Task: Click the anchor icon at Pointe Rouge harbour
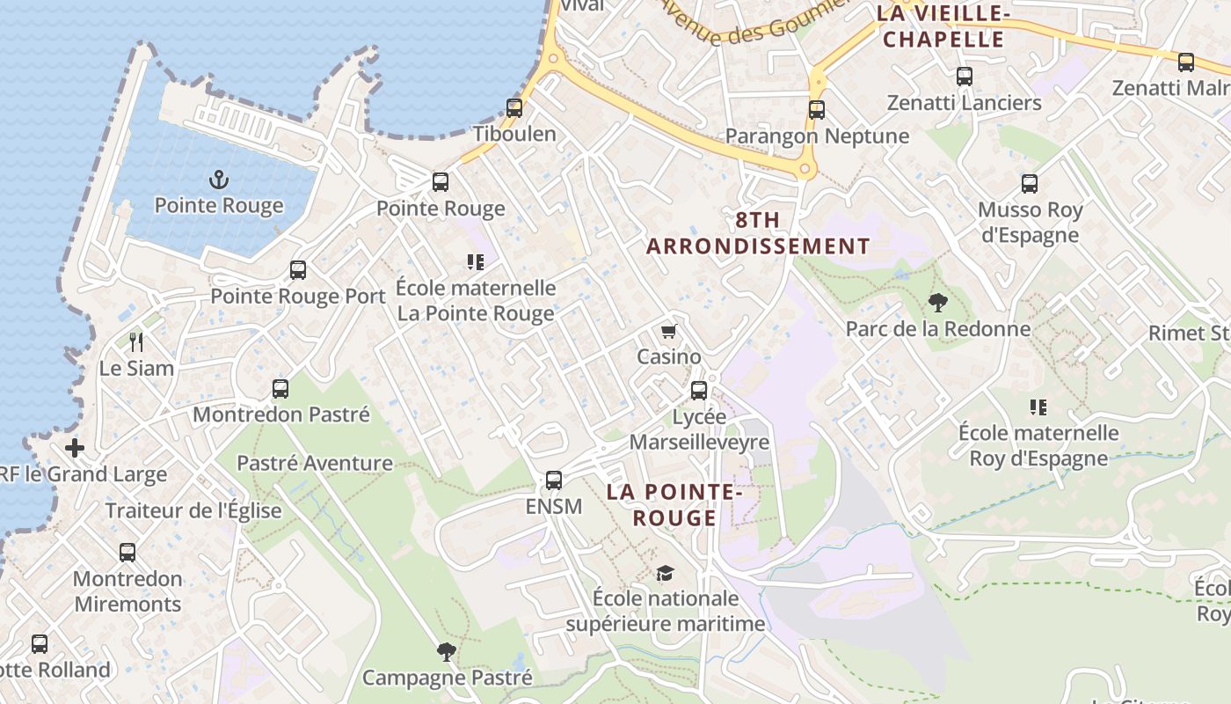coord(218,180)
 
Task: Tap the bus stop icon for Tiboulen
coord(514,108)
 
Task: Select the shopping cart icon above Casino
coord(669,332)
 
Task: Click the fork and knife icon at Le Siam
coord(135,341)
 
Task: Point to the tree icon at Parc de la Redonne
coord(938,304)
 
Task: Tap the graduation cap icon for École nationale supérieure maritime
coord(665,574)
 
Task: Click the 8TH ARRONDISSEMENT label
coord(758,233)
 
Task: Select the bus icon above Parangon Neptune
coord(817,110)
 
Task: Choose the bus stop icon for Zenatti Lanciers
coord(965,77)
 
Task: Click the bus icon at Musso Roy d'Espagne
coord(1030,184)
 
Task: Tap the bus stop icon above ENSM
coord(553,480)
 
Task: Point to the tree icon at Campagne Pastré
coord(447,652)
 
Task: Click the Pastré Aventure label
coord(315,463)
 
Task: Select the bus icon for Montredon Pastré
coord(280,388)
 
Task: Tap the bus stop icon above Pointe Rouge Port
coord(298,270)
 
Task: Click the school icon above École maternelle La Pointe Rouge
coord(476,261)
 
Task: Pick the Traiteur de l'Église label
coord(193,510)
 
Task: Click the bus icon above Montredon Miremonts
coord(127,553)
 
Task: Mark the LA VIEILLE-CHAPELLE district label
coord(942,26)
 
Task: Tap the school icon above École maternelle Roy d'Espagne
coord(1038,407)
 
